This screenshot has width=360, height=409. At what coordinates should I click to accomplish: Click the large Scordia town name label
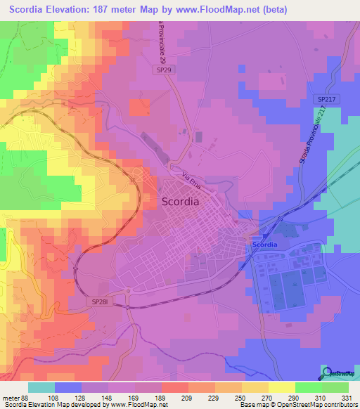click(x=181, y=200)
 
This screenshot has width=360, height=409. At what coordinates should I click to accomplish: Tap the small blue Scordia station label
click(x=265, y=244)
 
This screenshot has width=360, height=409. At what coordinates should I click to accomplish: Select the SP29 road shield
click(x=162, y=70)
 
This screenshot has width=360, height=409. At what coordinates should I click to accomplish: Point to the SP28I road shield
click(x=98, y=301)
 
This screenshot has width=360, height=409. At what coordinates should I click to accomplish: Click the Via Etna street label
click(x=191, y=181)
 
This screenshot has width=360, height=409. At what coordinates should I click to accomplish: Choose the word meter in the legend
click(x=12, y=397)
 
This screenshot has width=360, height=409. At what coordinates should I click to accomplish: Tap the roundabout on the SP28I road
click(x=128, y=292)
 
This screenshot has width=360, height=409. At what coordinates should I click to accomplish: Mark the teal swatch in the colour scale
click(x=41, y=387)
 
